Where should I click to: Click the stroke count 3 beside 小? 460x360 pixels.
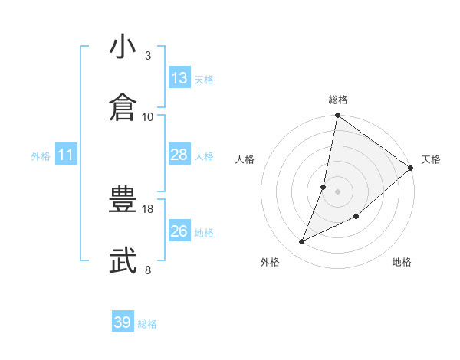(148, 56)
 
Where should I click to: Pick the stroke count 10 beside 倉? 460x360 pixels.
(148, 116)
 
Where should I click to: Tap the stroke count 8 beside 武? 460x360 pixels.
(148, 270)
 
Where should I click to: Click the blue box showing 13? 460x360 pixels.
(179, 78)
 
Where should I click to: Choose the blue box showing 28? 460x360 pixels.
(179, 155)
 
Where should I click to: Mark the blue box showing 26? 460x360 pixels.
(179, 231)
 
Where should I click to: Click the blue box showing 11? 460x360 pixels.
(66, 155)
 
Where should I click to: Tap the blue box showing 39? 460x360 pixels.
(122, 322)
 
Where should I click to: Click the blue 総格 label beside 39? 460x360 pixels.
(147, 324)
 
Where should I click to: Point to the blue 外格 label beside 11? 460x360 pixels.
(41, 156)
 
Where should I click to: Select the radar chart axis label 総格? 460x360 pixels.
(338, 100)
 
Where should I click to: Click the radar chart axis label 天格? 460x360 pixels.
(431, 159)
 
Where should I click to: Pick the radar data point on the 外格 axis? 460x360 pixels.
(302, 242)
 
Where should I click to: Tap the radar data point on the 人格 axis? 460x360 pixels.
(324, 187)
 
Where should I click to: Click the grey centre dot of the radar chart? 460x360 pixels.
(337, 191)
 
